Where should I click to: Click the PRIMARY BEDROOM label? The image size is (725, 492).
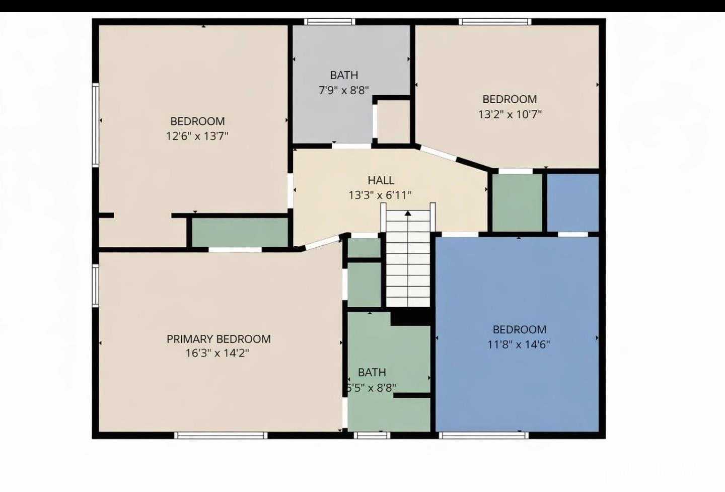click(x=219, y=339)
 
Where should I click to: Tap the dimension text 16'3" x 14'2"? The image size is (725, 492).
click(x=217, y=353)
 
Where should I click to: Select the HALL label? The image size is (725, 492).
click(x=381, y=180)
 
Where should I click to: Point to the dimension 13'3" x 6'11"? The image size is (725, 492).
click(x=380, y=195)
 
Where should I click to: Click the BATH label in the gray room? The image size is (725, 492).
click(x=344, y=75)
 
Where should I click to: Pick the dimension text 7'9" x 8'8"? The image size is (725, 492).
click(x=344, y=90)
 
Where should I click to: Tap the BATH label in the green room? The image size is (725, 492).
click(x=372, y=373)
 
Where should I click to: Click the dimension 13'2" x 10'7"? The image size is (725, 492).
click(x=510, y=114)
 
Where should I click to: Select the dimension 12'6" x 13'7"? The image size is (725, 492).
click(x=197, y=136)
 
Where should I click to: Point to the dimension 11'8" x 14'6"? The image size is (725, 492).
click(x=519, y=345)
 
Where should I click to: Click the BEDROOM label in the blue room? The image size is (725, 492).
click(x=519, y=330)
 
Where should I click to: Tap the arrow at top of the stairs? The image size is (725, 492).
click(x=408, y=214)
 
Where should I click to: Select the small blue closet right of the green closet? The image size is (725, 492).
click(x=573, y=202)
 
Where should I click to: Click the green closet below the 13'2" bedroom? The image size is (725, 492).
click(x=517, y=202)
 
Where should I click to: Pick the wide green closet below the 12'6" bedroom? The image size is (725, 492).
click(x=240, y=232)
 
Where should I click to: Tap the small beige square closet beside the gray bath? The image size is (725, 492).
click(x=393, y=121)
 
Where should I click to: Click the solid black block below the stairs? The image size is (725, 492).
click(x=410, y=317)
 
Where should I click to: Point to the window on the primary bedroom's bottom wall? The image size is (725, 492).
click(x=221, y=435)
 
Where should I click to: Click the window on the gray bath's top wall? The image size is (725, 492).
click(x=330, y=22)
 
